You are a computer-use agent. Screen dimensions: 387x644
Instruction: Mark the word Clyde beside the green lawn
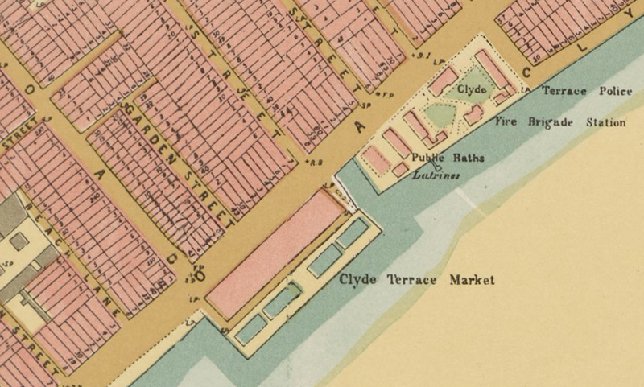[x=472, y=89]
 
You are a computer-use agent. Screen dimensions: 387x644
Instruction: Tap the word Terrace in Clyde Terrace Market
[x=407, y=280]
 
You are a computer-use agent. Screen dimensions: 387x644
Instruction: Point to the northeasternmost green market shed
[x=353, y=233]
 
